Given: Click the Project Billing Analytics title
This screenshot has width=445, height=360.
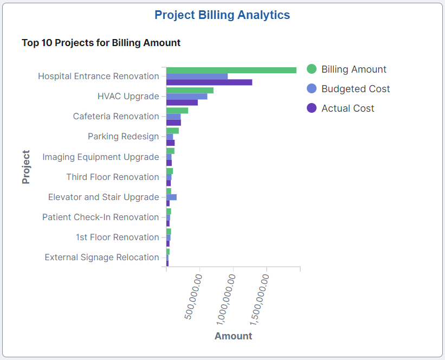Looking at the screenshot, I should pyautogui.click(x=222, y=15).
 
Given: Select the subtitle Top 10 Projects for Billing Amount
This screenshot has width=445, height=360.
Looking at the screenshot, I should pyautogui.click(x=101, y=42).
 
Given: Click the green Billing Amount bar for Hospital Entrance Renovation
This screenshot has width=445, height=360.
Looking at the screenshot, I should pyautogui.click(x=231, y=70).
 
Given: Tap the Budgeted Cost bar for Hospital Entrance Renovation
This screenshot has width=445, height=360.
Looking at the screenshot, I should pyautogui.click(x=197, y=76).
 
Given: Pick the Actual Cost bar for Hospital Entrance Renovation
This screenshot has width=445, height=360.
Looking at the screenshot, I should pyautogui.click(x=209, y=82).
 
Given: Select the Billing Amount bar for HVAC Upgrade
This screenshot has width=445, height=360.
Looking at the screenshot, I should pyautogui.click(x=190, y=90).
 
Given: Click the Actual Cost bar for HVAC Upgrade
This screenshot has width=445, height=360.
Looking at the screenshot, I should pyautogui.click(x=182, y=102).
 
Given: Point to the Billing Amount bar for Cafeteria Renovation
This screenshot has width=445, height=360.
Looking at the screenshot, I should pyautogui.click(x=177, y=110).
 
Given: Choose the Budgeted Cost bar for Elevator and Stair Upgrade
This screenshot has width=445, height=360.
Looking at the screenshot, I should pyautogui.click(x=171, y=197).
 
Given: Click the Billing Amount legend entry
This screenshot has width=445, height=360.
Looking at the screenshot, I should pyautogui.click(x=353, y=69).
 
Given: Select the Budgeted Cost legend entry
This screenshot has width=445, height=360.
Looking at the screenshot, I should pyautogui.click(x=355, y=89).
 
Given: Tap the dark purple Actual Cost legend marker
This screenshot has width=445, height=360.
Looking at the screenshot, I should pyautogui.click(x=312, y=108).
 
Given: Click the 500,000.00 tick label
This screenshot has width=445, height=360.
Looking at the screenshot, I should pyautogui.click(x=194, y=297).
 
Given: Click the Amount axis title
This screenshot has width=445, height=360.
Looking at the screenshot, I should pyautogui.click(x=233, y=336).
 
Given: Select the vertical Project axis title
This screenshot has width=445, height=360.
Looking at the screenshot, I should pyautogui.click(x=26, y=167).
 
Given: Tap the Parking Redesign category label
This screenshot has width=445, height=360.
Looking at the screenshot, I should pyautogui.click(x=123, y=137).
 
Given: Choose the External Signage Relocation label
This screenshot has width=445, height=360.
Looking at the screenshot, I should pyautogui.click(x=102, y=258).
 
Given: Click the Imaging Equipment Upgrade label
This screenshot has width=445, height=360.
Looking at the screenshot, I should pyautogui.click(x=101, y=157).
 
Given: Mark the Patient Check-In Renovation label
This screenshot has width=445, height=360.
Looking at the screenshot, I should pyautogui.click(x=101, y=217).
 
